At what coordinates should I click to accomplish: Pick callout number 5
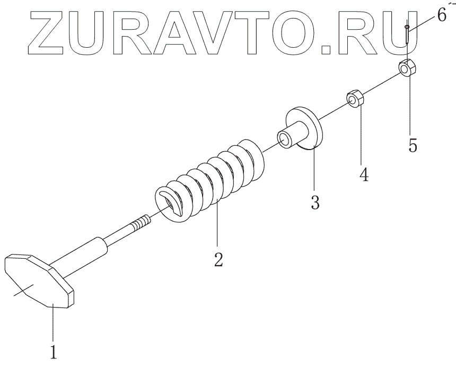pyautogui.click(x=412, y=144)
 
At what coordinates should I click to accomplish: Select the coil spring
pyautogui.click(x=212, y=178)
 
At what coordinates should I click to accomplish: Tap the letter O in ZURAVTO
pyautogui.click(x=296, y=33)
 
